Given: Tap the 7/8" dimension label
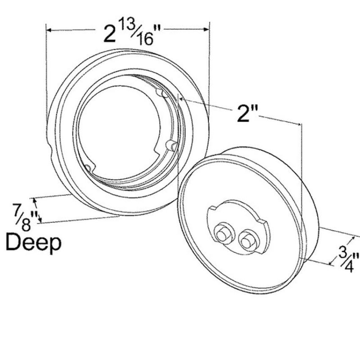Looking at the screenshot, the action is pyautogui.click(x=26, y=217).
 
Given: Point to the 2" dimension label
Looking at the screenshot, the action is pyautogui.click(x=247, y=113).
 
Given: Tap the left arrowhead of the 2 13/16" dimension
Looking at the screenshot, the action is pyautogui.click(x=49, y=30).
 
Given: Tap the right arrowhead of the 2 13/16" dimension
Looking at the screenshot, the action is pyautogui.click(x=206, y=29).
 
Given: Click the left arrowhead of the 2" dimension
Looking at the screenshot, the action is pyautogui.click(x=181, y=99).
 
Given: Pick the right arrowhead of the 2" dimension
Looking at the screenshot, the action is pyautogui.click(x=299, y=124).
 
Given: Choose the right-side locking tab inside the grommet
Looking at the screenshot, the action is pyautogui.click(x=172, y=146).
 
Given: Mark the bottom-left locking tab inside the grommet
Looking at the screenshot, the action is pyautogui.click(x=89, y=168).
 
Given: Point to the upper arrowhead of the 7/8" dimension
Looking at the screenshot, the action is pyautogui.click(x=35, y=201).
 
